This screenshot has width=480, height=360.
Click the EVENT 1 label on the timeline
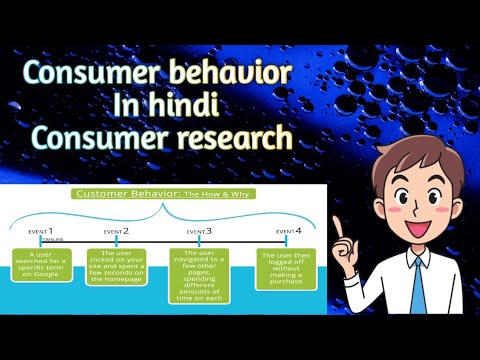(x=40, y=231)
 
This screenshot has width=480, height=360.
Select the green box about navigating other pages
(x=200, y=275)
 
